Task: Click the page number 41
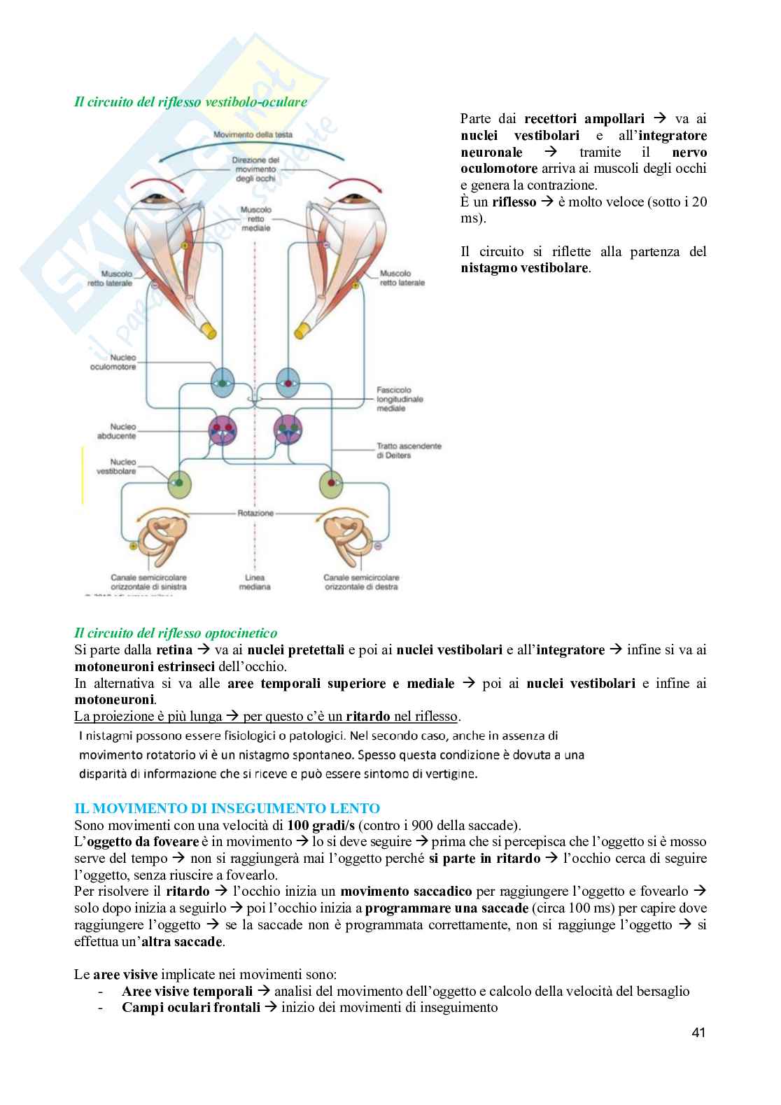pos(698,1032)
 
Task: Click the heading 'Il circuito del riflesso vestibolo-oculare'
pos(190,102)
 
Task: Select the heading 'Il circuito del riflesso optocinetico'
pos(176,633)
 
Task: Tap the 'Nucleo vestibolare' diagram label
pos(115,467)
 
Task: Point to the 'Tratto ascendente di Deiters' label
pos(409,450)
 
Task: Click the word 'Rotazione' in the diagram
pos(255,513)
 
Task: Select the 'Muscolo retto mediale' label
pos(255,218)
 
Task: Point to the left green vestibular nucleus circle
pos(179,481)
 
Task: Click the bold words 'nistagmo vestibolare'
pos(525,268)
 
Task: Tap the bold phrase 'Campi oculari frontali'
pos(185,1008)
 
